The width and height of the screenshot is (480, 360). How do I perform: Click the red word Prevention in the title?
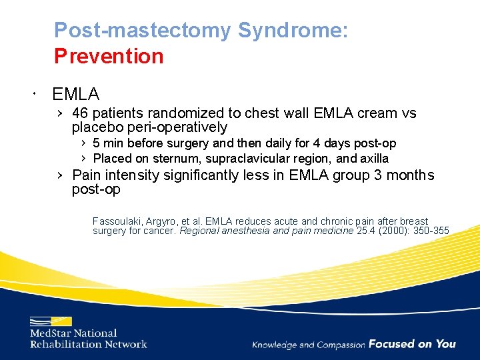tap(109, 56)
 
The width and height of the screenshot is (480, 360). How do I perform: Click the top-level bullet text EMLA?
tap(75, 94)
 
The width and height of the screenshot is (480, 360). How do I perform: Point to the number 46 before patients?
tap(81, 113)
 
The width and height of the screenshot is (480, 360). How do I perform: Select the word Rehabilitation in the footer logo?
tap(65, 344)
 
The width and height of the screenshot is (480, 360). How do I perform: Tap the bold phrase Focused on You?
tap(412, 344)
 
